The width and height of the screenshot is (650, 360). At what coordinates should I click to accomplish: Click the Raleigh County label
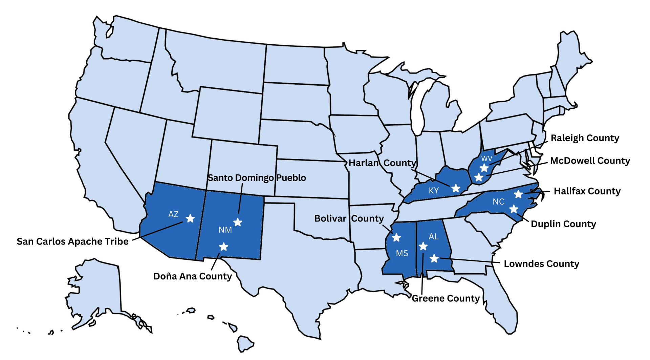(585, 138)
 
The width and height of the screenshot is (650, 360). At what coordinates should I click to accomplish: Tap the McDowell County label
(590, 161)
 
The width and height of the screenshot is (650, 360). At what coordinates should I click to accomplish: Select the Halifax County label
(587, 191)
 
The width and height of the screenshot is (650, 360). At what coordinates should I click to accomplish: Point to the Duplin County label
(563, 224)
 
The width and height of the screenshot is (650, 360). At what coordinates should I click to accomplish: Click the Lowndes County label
(541, 264)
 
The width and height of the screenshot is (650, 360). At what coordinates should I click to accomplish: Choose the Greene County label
(446, 298)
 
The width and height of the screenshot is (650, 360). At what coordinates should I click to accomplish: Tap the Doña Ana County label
(192, 276)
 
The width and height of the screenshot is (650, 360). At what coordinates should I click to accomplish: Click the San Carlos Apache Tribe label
(72, 241)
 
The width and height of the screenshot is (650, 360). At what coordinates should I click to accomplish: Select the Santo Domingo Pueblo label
(257, 178)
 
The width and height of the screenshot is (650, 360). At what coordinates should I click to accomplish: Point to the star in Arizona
(190, 218)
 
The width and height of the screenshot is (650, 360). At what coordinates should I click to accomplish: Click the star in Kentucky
(456, 188)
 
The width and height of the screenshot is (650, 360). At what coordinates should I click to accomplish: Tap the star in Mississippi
(396, 237)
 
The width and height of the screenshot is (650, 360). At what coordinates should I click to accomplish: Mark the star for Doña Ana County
(223, 247)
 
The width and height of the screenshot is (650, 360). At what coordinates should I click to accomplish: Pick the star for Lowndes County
(434, 259)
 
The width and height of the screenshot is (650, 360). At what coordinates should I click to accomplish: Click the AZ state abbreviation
(173, 214)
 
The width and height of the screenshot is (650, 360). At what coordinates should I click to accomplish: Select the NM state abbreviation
(225, 230)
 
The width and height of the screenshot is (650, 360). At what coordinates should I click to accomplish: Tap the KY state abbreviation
(434, 191)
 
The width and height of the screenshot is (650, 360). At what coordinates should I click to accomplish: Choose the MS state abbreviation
(402, 253)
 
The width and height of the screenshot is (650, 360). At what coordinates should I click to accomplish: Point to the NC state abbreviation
(498, 202)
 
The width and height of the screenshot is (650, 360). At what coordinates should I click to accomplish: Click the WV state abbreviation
(486, 158)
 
